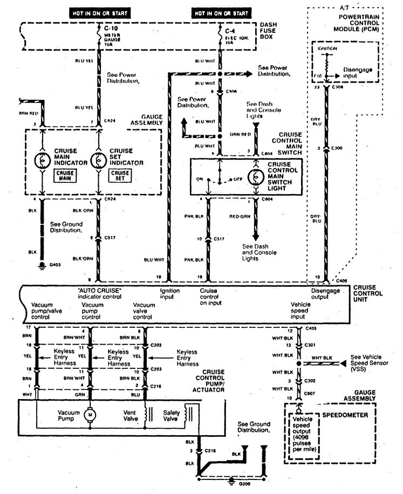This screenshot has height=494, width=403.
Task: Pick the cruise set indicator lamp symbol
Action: point(99,160)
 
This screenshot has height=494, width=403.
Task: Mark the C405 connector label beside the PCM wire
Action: point(341,282)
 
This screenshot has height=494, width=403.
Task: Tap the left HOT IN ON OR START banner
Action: point(101,12)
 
